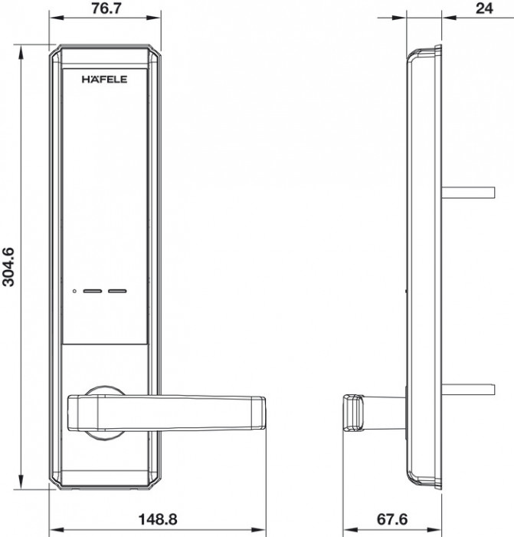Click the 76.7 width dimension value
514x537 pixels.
pos(106,8)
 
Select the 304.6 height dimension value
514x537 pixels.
pos(8,267)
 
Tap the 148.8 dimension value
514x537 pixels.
pos(158,519)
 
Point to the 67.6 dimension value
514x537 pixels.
pos(392,519)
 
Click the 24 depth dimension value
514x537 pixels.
pos(484,8)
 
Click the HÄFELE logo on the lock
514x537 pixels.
pos(104,79)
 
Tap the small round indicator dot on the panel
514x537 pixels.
pos(74,291)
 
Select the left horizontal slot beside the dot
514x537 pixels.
pos(93,291)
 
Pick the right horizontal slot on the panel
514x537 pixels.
pos(117,291)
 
